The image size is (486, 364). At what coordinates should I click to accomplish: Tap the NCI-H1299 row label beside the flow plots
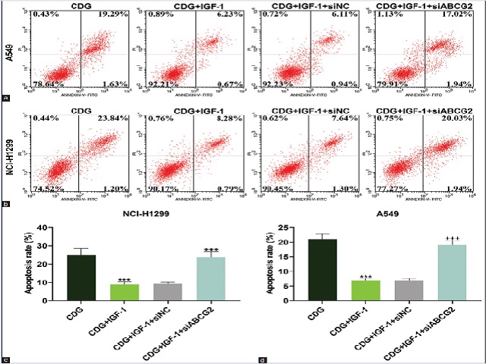click(10, 156)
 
